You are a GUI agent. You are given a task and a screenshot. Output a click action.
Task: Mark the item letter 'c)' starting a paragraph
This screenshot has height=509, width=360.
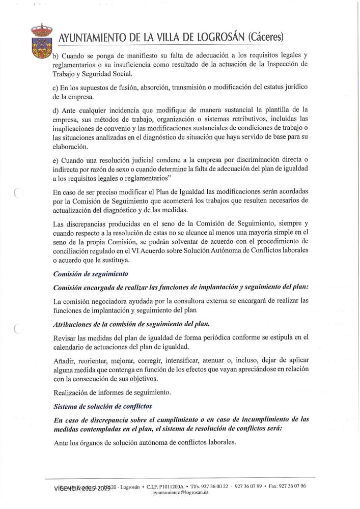(x=56, y=88)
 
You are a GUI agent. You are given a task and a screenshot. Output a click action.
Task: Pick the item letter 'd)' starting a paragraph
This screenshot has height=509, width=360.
(x=56, y=110)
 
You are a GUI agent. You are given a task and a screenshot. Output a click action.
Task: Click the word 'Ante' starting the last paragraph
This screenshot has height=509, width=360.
(x=62, y=442)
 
